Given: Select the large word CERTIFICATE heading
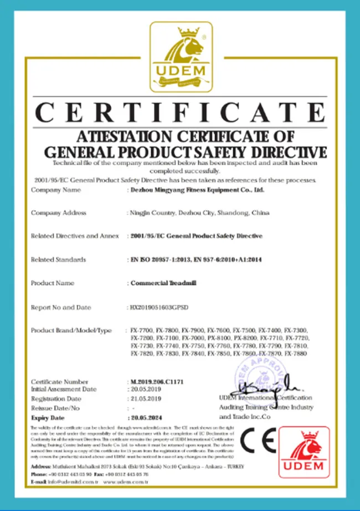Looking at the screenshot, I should tap(181, 113).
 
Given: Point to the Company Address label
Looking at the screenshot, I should tap(59, 213).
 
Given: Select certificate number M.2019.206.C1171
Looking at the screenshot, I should tap(158, 382).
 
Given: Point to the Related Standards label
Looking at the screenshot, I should tap(59, 259).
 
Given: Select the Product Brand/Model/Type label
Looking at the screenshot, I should tap(71, 330).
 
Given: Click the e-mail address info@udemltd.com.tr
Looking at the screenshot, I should tap(66, 482).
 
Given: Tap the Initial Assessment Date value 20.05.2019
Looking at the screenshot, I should tap(145, 389).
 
